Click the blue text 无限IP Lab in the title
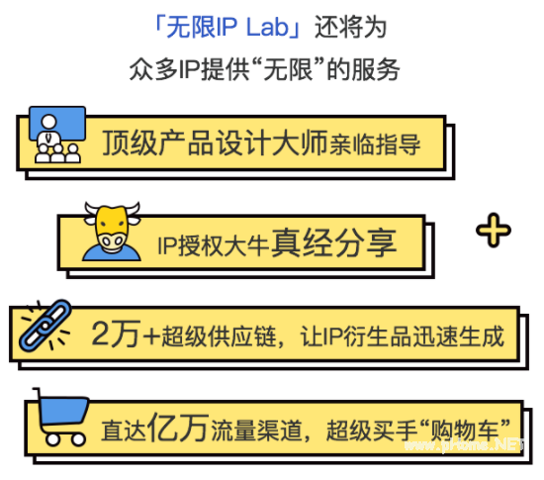(227, 27)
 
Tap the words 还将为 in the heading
(350, 27)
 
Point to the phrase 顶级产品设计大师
(215, 143)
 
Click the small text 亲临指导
(375, 144)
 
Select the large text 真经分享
(333, 242)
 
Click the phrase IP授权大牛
(213, 245)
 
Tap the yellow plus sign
(494, 231)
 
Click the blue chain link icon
(45, 326)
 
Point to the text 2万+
(126, 334)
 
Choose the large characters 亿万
(178, 428)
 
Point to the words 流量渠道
(256, 431)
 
